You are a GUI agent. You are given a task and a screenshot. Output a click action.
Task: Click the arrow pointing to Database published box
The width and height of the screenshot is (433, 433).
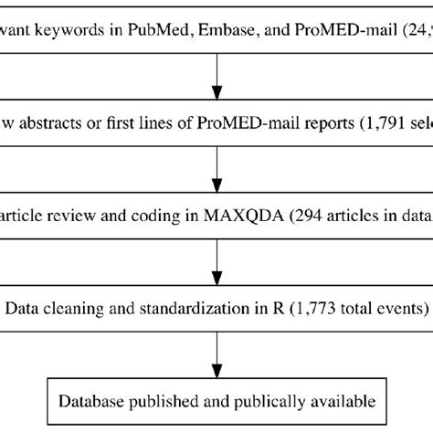(x=216, y=349)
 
